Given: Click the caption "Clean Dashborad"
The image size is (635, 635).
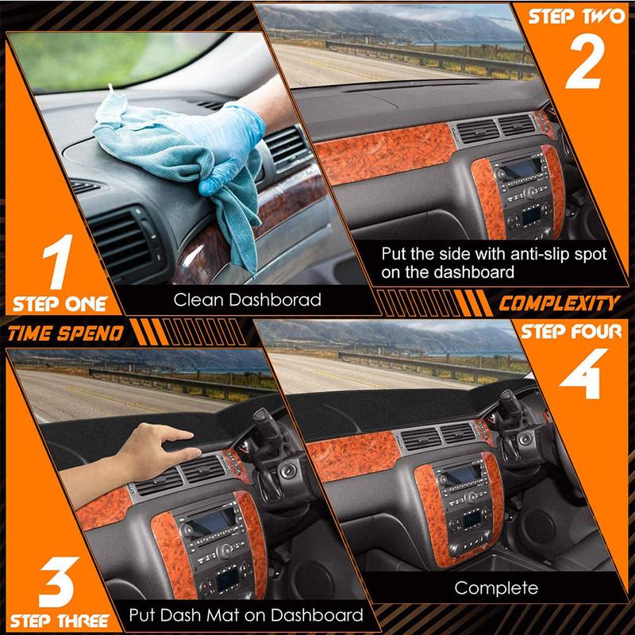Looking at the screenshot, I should [248, 300].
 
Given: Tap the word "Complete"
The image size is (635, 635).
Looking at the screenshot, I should [496, 588].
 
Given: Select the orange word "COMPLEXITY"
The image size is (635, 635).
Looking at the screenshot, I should [559, 302].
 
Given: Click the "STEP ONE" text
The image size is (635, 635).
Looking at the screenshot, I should [59, 303].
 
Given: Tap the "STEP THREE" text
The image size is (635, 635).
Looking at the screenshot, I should [59, 619].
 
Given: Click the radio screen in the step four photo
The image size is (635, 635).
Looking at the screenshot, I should [461, 475].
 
